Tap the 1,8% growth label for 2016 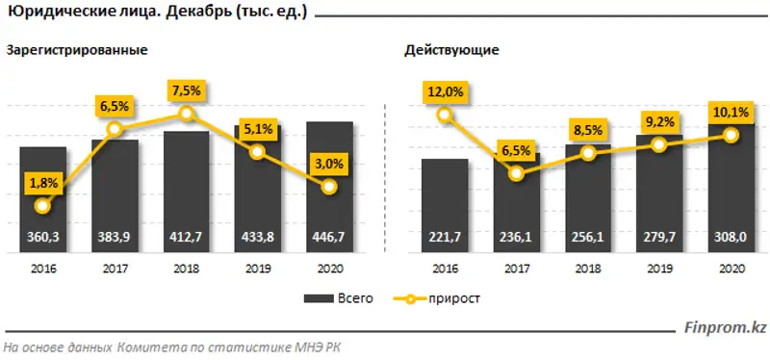41,180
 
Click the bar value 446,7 330,235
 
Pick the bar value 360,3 41,235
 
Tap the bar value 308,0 730,235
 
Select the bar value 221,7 444,235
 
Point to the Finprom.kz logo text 727,329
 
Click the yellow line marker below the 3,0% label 330,187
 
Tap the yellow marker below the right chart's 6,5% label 517,173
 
